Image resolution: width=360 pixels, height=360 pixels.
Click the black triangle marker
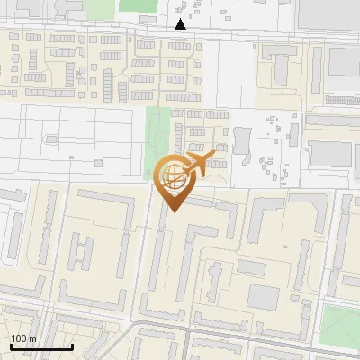(x=181, y=24)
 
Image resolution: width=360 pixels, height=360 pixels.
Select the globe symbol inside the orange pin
(x=174, y=179)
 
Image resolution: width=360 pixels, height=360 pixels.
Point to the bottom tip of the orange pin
(x=174, y=212)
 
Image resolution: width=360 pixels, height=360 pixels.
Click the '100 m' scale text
(x=23, y=338)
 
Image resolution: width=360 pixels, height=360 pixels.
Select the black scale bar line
(x=41, y=346)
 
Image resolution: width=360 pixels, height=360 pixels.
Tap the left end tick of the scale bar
(x=11, y=345)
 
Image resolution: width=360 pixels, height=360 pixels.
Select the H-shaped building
(x=82, y=252)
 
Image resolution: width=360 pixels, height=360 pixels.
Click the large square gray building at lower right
(x=265, y=297)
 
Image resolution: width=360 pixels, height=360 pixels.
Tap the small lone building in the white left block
(x=51, y=139)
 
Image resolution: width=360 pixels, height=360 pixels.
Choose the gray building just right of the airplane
(x=241, y=144)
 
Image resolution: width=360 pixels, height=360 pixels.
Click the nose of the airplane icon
(x=215, y=157)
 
